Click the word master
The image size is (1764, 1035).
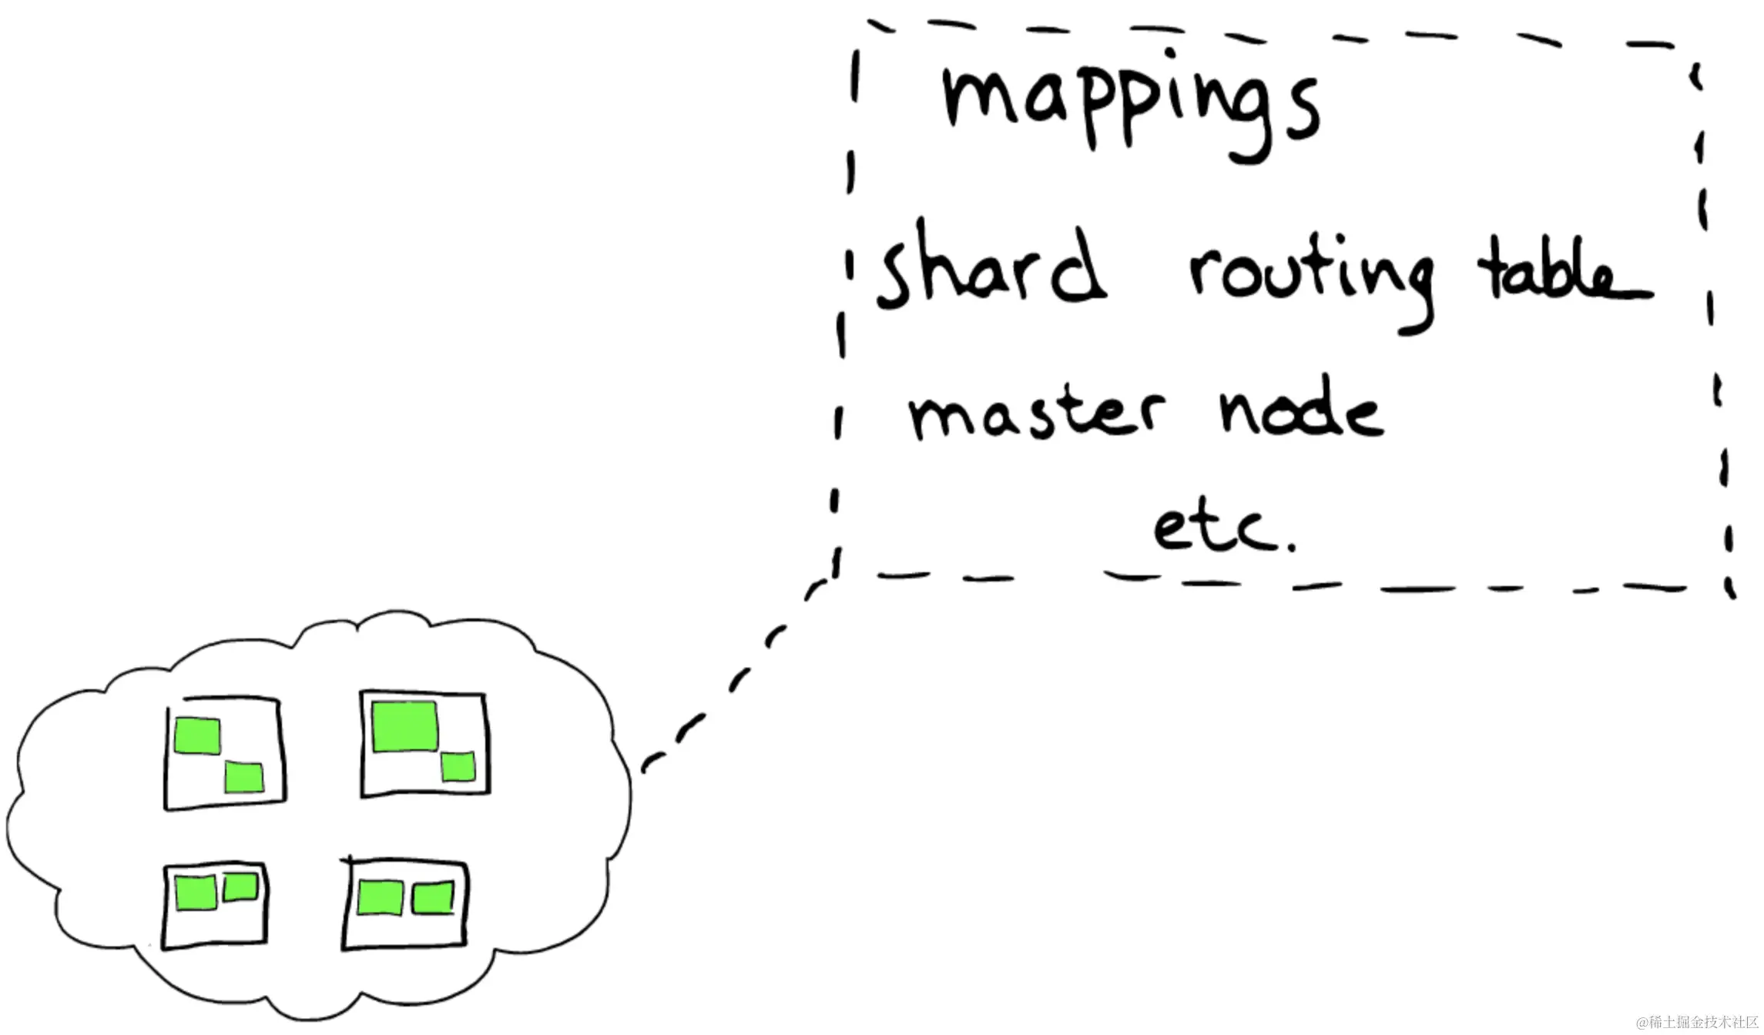coord(1036,416)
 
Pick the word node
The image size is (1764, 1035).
coord(1302,412)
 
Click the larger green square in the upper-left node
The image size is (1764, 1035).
coord(197,735)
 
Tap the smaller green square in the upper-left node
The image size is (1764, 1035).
coord(244,778)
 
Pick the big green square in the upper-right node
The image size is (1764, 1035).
coord(405,726)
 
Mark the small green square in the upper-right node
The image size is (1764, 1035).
coord(458,767)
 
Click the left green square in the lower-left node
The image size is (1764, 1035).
coord(196,894)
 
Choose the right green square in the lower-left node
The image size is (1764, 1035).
coord(240,887)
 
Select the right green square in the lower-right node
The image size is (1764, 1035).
coord(432,898)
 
